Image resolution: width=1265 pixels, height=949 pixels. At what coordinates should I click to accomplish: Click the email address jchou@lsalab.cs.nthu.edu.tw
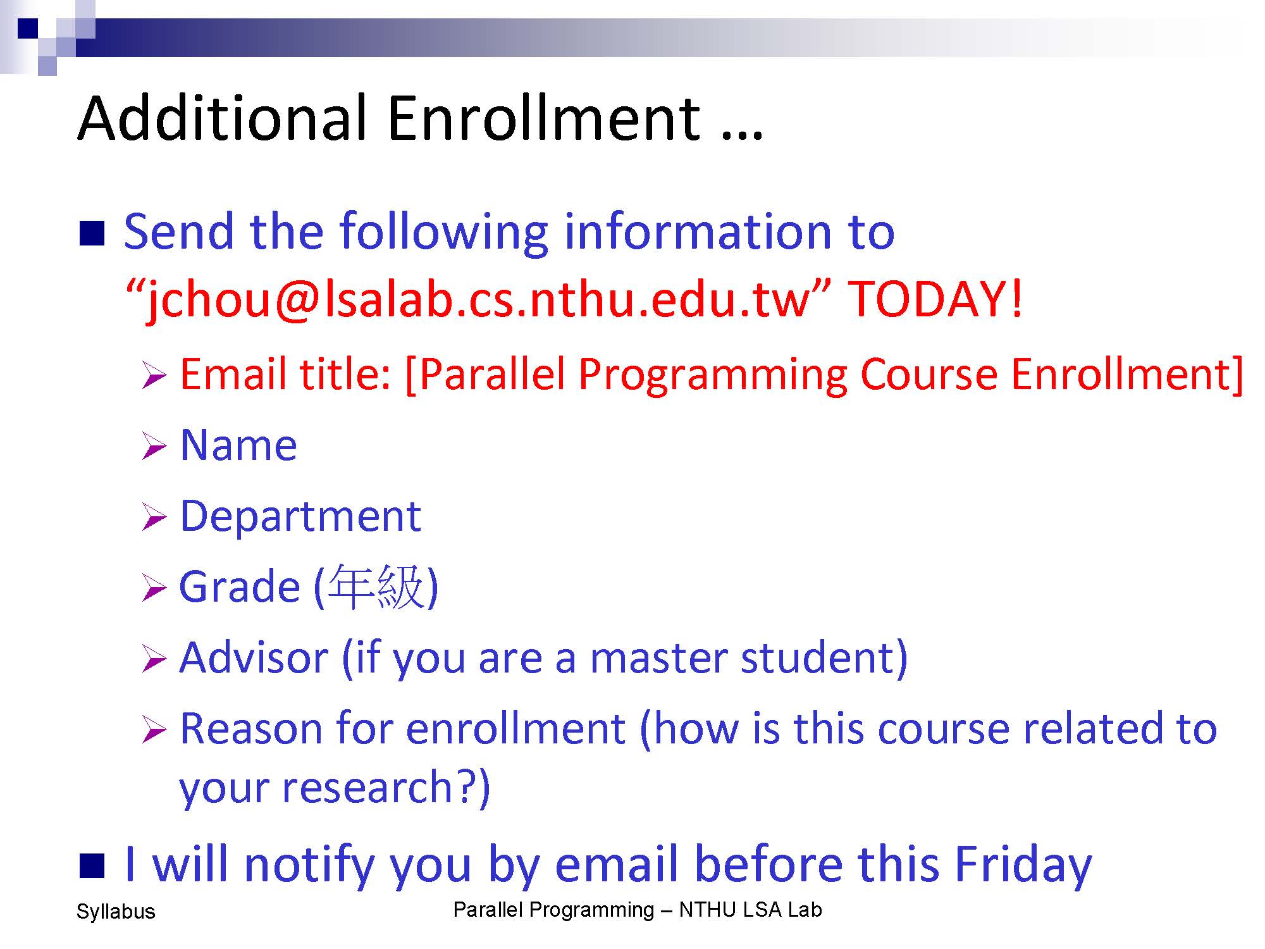(x=478, y=301)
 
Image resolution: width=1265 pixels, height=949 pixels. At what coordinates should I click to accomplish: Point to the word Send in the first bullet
(x=179, y=232)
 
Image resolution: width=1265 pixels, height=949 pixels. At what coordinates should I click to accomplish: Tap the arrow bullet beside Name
(x=154, y=447)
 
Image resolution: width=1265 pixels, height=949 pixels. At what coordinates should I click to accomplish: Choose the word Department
(x=300, y=517)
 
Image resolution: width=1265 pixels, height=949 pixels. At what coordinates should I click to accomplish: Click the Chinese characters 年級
(x=376, y=587)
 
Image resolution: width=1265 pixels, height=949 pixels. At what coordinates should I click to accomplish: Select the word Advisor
(x=254, y=658)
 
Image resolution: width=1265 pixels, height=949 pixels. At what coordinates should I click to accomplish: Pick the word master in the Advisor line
(x=658, y=658)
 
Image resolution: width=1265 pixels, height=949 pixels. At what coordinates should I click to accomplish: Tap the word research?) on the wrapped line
(x=386, y=788)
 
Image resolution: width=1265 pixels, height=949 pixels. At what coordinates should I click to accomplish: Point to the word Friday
(x=1023, y=865)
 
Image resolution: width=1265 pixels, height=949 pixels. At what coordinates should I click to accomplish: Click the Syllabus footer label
(x=116, y=912)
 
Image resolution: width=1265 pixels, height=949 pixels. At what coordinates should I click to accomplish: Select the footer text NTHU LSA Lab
(x=750, y=910)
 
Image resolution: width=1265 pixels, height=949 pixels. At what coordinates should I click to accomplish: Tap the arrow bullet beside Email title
(x=154, y=376)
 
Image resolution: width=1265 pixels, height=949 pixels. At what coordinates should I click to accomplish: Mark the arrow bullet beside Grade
(x=154, y=588)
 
